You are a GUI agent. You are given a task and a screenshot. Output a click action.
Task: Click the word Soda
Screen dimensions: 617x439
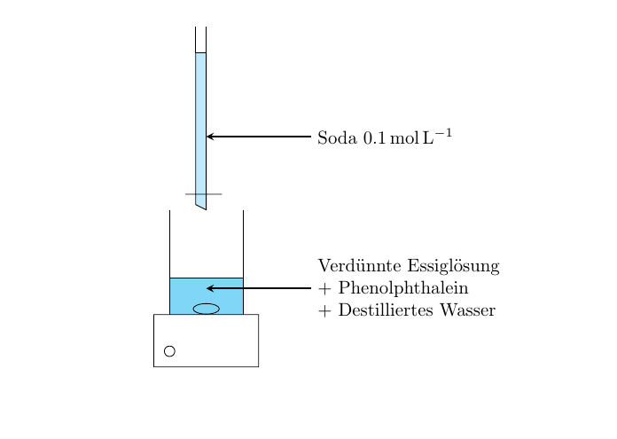(x=337, y=137)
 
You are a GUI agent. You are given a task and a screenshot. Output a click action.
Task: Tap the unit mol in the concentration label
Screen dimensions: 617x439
(x=404, y=137)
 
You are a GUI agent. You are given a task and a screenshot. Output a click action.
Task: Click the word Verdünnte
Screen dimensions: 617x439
(x=360, y=266)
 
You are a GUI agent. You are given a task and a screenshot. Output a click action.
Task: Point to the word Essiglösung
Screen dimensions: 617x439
(x=453, y=267)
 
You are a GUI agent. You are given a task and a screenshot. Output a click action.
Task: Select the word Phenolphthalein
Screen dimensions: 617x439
(x=403, y=288)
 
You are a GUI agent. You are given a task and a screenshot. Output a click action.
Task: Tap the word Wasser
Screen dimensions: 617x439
(x=467, y=310)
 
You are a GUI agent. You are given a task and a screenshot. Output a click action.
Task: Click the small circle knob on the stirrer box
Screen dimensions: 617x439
(x=169, y=351)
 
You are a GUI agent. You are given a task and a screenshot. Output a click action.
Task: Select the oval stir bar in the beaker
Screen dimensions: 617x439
(x=207, y=309)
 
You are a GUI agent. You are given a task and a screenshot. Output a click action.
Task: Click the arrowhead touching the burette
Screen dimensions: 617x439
(x=210, y=137)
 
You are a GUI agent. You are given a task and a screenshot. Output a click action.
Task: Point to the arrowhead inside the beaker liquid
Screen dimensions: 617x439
(x=210, y=288)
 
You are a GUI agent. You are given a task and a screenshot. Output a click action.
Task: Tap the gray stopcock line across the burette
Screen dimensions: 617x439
(x=203, y=194)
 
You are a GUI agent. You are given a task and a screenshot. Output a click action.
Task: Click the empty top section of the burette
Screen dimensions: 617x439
(x=200, y=40)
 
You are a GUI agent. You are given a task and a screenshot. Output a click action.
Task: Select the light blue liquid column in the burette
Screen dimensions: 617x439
(x=200, y=126)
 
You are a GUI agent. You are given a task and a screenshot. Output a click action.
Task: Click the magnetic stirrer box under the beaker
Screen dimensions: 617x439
(x=207, y=341)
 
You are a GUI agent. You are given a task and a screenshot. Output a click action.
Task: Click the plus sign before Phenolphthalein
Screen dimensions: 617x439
(x=324, y=289)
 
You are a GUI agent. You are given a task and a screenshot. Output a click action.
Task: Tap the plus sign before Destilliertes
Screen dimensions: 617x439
(x=324, y=311)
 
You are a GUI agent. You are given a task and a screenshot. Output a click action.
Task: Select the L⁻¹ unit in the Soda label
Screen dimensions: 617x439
(x=437, y=137)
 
